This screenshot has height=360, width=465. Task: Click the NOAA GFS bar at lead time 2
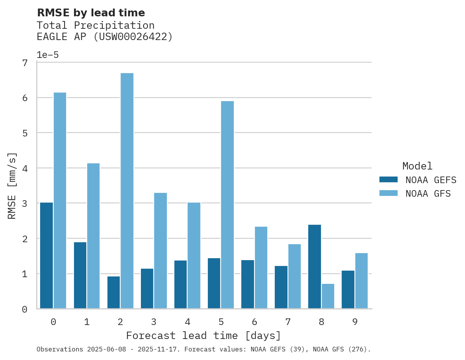(x=127, y=191)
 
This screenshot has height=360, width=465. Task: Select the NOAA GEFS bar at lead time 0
(x=46, y=255)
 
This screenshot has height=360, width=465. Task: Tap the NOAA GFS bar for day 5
(x=227, y=205)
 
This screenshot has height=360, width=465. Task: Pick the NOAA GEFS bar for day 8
(x=314, y=267)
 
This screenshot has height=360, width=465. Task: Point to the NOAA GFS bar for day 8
(x=328, y=296)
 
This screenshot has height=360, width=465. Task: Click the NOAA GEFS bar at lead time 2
(x=113, y=292)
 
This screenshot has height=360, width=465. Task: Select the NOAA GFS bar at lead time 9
(x=361, y=281)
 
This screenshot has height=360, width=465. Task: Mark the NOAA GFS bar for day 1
(x=93, y=236)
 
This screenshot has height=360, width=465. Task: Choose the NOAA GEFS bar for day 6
(x=247, y=284)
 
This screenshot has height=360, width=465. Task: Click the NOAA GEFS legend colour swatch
(x=388, y=180)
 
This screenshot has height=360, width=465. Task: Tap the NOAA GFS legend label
(x=428, y=194)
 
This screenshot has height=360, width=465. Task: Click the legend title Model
(x=417, y=166)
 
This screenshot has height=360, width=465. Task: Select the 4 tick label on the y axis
(x=25, y=169)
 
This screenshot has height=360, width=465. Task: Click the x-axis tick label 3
(x=154, y=322)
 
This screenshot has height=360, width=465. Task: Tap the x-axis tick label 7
(x=288, y=322)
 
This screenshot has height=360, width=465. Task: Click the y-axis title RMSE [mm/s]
(x=12, y=185)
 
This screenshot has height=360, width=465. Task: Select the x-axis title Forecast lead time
(x=204, y=336)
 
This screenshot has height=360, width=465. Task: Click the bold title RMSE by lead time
(x=91, y=13)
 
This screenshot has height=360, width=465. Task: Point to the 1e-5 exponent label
(x=47, y=55)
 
